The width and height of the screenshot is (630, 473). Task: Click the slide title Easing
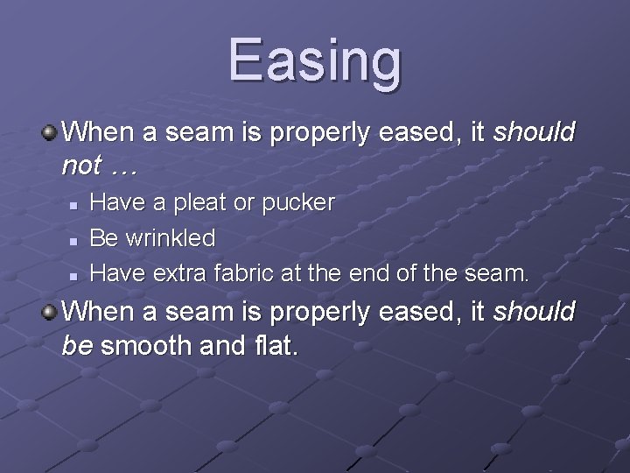point(315,60)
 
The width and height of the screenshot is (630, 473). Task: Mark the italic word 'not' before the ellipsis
point(80,164)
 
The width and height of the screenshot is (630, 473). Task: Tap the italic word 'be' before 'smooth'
point(78,345)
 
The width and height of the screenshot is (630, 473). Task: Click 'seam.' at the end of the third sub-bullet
point(497,273)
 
